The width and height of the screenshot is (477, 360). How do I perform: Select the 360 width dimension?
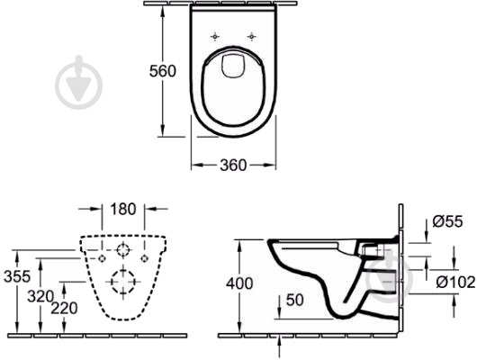point(234,166)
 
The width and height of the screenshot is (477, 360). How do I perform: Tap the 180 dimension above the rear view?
point(123,210)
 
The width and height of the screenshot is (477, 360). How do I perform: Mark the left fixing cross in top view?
point(215,36)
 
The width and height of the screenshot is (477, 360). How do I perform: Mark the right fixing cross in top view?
point(252,36)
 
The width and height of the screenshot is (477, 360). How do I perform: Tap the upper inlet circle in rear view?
point(123,249)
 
